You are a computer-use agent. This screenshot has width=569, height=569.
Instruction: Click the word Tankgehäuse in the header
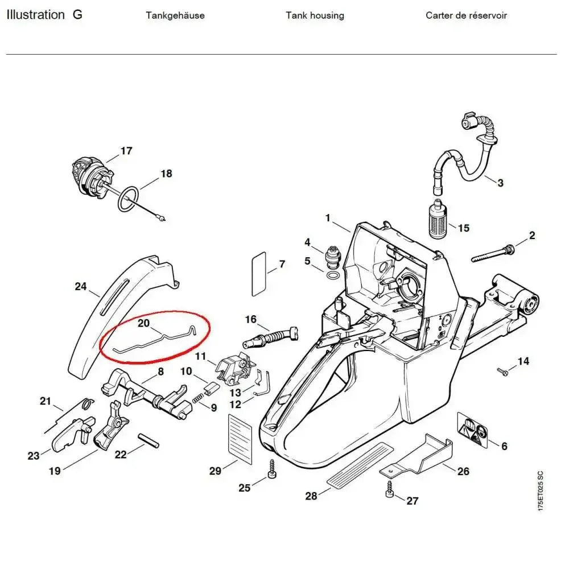tap(175, 15)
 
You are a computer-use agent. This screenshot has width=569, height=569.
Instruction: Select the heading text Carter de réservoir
tap(466, 15)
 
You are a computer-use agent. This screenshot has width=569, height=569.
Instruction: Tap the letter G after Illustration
tap(77, 15)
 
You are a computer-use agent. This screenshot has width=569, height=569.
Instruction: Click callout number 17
tap(126, 151)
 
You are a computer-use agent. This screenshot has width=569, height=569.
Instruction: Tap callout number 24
tap(80, 286)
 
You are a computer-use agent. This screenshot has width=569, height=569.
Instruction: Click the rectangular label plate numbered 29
tap(239, 436)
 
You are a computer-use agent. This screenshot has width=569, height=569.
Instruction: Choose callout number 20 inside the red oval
tap(144, 323)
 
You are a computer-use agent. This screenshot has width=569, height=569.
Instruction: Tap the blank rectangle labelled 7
tap(259, 275)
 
